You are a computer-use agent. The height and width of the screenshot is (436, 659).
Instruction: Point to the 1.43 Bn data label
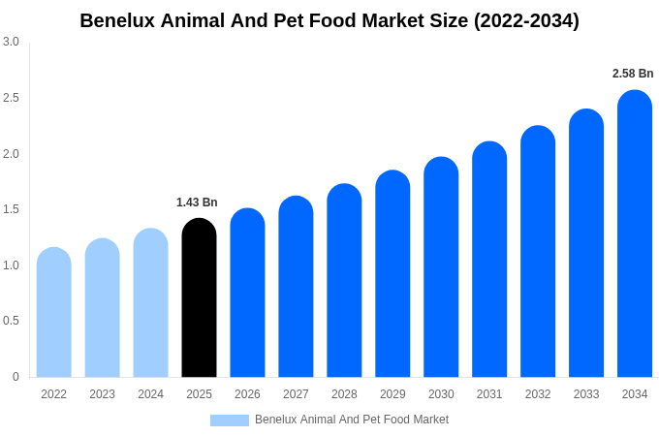pyautogui.click(x=197, y=202)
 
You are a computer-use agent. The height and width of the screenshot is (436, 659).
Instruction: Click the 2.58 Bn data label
pyautogui.click(x=633, y=74)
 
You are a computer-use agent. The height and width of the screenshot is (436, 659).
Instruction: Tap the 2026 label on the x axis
pyautogui.click(x=247, y=394)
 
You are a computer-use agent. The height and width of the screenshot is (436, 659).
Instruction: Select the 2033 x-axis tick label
pyautogui.click(x=586, y=394)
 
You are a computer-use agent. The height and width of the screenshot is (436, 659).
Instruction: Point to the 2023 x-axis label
pyautogui.click(x=102, y=394)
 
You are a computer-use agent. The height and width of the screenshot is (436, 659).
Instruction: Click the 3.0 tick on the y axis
pyautogui.click(x=11, y=42)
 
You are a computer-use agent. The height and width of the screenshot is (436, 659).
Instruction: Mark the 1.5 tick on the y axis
pyautogui.click(x=11, y=209)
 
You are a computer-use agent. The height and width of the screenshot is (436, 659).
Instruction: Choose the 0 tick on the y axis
pyautogui.click(x=16, y=377)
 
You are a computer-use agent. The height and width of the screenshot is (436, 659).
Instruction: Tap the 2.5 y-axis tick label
pyautogui.click(x=11, y=98)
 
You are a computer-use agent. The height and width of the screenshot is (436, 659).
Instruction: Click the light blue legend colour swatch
pyautogui.click(x=230, y=420)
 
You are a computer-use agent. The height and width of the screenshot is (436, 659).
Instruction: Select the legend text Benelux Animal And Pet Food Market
pyautogui.click(x=352, y=420)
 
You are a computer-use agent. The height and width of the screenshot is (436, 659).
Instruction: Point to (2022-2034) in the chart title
pyautogui.click(x=526, y=20)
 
